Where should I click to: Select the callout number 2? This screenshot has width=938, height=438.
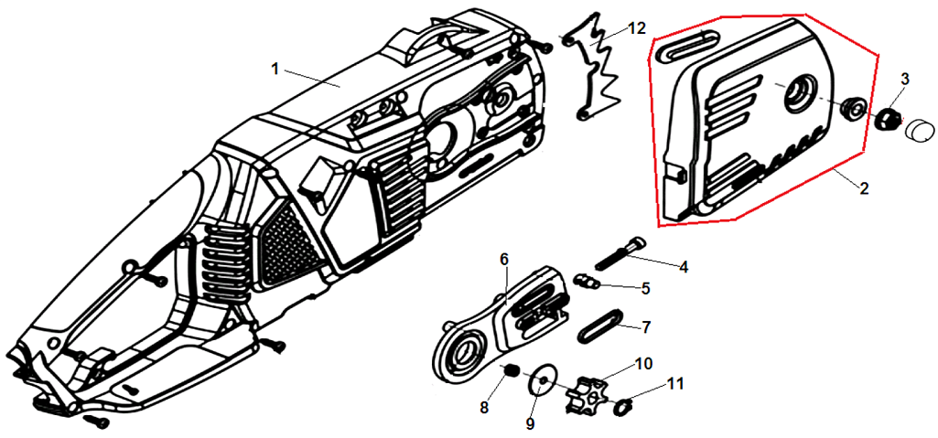863,189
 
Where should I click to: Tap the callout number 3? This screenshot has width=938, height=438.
904,80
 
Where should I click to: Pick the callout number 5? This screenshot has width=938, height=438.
645,288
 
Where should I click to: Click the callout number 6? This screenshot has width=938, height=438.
503,260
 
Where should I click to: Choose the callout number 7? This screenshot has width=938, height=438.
646,326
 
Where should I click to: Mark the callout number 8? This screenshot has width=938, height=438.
483,406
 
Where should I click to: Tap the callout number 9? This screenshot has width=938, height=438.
531,423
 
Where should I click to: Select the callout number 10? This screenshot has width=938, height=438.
643,363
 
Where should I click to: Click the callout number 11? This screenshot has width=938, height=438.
675,384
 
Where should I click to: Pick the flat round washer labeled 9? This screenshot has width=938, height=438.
541,381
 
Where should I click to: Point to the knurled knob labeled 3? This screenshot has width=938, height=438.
886,119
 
